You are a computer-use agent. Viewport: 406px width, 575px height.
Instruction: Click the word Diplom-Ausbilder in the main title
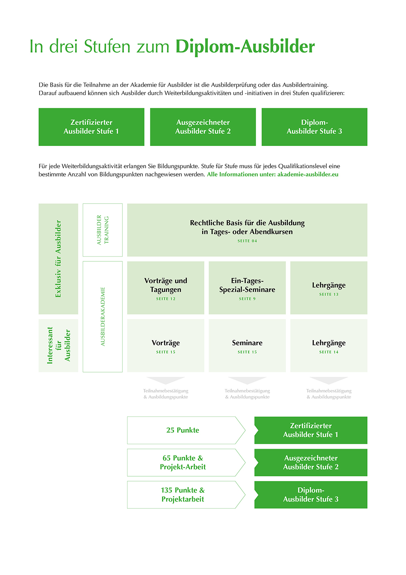click(245, 47)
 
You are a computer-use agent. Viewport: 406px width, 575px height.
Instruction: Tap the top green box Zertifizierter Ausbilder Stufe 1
click(91, 127)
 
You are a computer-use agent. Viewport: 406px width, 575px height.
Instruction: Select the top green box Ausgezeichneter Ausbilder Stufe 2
click(203, 127)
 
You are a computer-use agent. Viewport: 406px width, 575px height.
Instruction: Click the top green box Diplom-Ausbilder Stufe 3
click(314, 127)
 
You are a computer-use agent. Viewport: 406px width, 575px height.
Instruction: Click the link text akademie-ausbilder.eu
click(308, 174)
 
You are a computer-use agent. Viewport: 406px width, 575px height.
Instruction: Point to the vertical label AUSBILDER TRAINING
click(103, 230)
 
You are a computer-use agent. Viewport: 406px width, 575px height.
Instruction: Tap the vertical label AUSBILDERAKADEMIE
click(103, 317)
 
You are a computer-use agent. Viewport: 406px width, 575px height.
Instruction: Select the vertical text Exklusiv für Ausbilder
click(58, 259)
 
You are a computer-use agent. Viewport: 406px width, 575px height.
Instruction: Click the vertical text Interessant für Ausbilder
click(58, 345)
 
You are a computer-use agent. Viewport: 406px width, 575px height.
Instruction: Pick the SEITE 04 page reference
click(247, 241)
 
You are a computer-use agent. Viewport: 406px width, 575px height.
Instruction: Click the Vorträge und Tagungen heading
click(166, 285)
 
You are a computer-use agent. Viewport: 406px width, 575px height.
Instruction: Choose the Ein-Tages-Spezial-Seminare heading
click(247, 285)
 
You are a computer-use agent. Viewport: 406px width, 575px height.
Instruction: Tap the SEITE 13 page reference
click(329, 294)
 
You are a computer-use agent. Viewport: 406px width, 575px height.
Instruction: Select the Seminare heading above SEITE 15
click(247, 343)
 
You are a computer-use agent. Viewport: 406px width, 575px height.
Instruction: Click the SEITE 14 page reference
click(329, 352)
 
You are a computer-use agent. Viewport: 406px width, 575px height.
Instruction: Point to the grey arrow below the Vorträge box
click(166, 380)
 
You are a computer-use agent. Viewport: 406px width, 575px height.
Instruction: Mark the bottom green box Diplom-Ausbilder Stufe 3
click(311, 495)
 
